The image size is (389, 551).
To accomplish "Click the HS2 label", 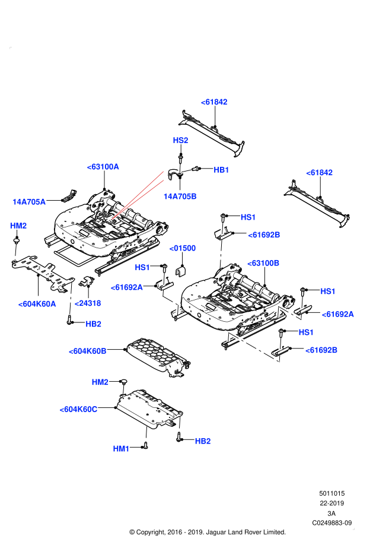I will [x=180, y=140].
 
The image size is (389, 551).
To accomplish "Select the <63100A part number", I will [x=103, y=167].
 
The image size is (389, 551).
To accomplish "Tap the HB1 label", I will [x=221, y=170].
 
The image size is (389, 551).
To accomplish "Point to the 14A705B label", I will [x=180, y=197].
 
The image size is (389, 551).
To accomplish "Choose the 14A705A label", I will [x=29, y=202].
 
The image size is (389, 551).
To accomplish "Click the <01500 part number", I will [x=182, y=248].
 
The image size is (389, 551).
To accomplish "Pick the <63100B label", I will [x=263, y=263].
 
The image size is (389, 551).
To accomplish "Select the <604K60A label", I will [x=37, y=304].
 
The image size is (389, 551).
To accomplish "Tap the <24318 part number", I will [x=88, y=303].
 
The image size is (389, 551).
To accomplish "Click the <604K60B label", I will [x=88, y=351].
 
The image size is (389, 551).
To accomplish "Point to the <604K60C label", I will [x=78, y=409].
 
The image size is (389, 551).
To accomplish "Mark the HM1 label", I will [x=121, y=449].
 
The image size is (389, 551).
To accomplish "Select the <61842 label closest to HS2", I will [x=214, y=102].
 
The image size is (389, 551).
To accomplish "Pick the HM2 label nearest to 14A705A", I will [x=18, y=226].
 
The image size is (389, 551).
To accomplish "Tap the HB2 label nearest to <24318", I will [x=93, y=324].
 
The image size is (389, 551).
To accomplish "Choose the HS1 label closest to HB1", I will [x=248, y=217].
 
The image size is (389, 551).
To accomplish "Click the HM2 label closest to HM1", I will [x=100, y=382].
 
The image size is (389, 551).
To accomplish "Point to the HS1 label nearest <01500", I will [x=142, y=268].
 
